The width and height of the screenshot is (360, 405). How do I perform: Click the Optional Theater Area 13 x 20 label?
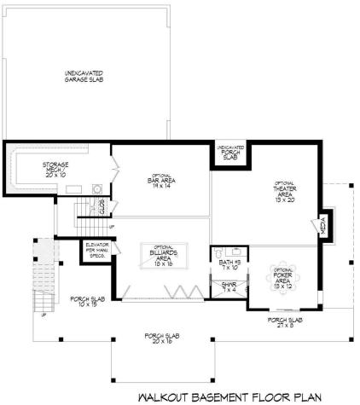284,194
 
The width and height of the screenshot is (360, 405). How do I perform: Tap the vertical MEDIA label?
323,226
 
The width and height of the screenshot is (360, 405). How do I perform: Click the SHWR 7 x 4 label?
229,286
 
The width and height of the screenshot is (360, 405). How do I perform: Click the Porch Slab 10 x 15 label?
84,301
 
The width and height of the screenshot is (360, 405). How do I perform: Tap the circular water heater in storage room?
96,189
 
